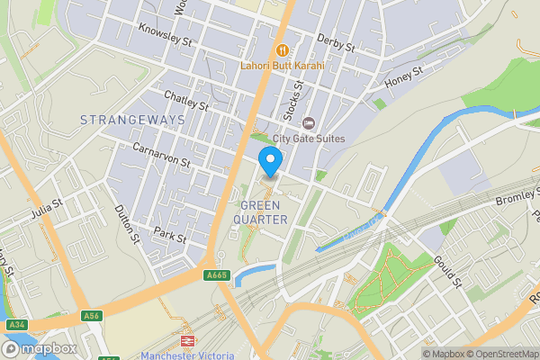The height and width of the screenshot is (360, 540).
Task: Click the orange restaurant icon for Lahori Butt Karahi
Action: [x=282, y=49]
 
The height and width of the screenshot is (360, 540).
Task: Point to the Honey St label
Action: [x=404, y=79]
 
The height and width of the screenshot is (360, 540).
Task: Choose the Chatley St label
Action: [x=185, y=100]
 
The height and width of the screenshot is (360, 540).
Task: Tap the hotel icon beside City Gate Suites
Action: [x=309, y=122]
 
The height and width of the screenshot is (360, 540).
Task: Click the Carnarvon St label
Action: [x=161, y=155]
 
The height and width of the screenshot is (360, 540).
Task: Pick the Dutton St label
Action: [x=127, y=224]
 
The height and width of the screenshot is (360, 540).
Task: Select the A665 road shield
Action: [x=216, y=275]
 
